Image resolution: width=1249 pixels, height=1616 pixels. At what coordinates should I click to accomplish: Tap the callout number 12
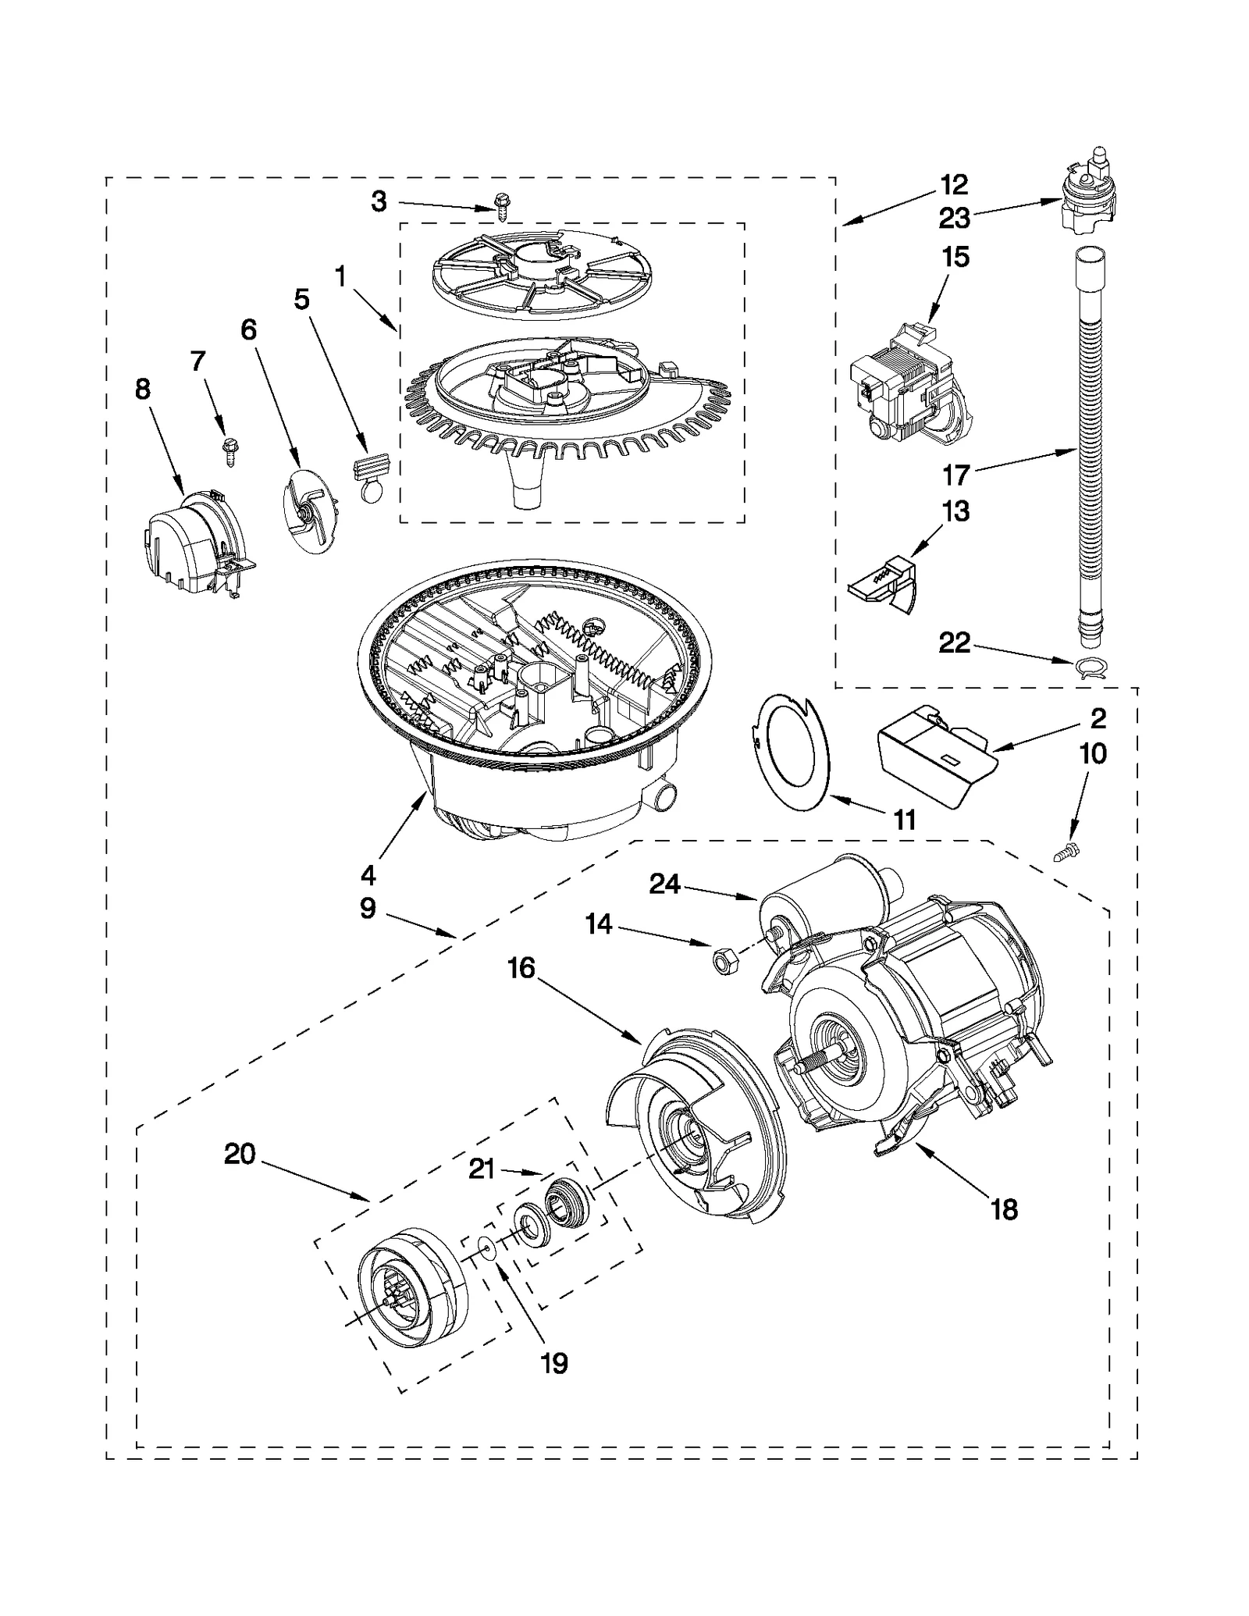pos(954,185)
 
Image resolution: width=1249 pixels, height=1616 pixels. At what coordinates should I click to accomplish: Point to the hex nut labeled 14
pos(722,961)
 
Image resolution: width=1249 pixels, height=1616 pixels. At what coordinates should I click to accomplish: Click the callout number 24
pos(665,885)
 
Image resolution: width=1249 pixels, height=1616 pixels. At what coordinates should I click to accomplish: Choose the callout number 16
pos(521,969)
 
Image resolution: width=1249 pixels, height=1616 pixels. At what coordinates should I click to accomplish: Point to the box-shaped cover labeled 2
pos(937,756)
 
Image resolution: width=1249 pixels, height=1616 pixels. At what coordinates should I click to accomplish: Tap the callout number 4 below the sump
pos(368,875)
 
